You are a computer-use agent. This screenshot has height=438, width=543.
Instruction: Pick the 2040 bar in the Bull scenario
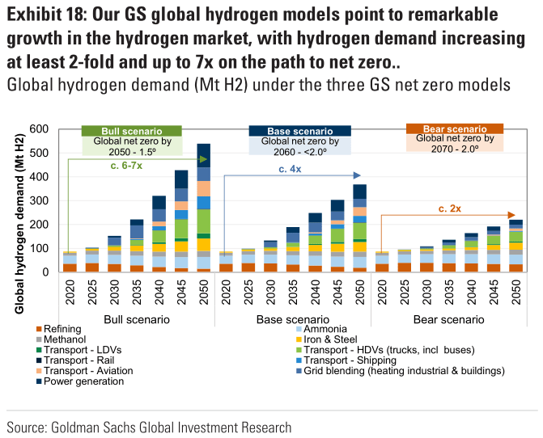[159, 234]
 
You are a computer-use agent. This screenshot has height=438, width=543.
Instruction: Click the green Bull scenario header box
[132, 131]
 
